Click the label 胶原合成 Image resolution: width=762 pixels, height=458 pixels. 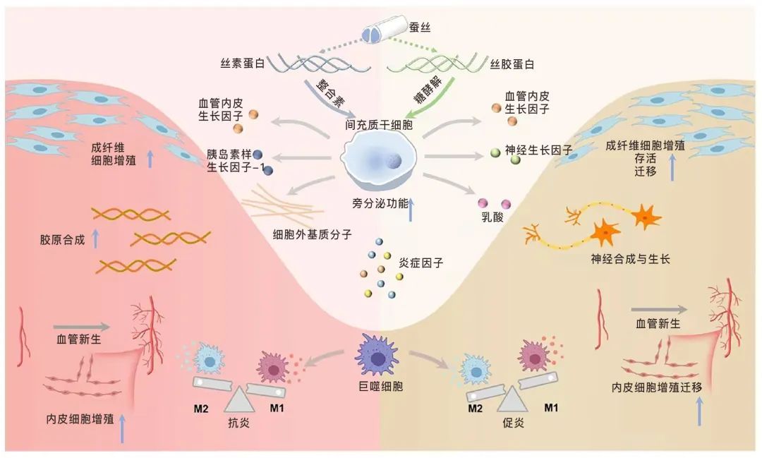(x=62, y=239)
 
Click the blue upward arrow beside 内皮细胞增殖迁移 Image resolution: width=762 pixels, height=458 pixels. (x=699, y=411)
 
